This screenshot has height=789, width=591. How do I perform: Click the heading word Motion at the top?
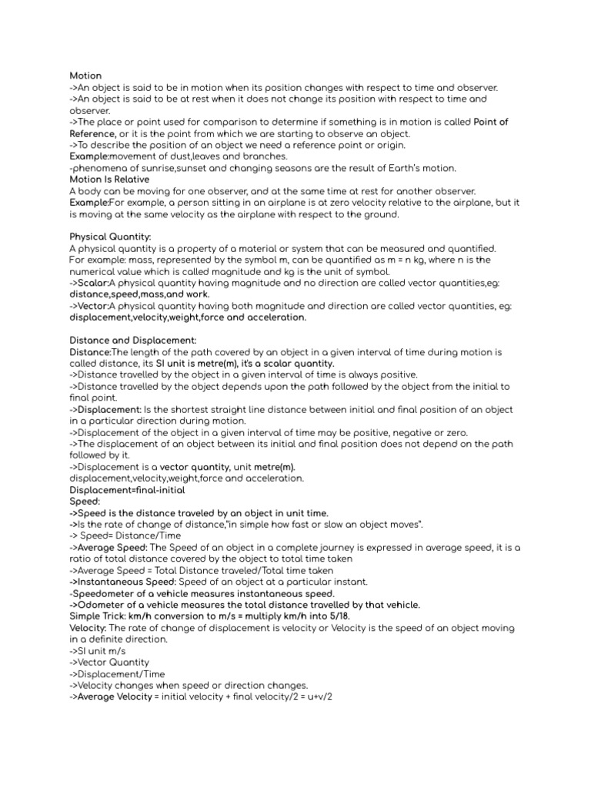[x=85, y=76]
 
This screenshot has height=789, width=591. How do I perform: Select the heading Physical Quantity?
[x=111, y=237]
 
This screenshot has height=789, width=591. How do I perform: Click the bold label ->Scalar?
[x=92, y=283]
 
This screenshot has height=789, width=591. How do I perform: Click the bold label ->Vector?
[x=92, y=306]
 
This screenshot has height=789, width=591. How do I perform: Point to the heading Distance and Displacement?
[x=133, y=340]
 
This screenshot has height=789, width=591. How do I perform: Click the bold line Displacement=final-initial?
[x=127, y=490]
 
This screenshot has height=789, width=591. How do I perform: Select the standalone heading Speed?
[x=85, y=502]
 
